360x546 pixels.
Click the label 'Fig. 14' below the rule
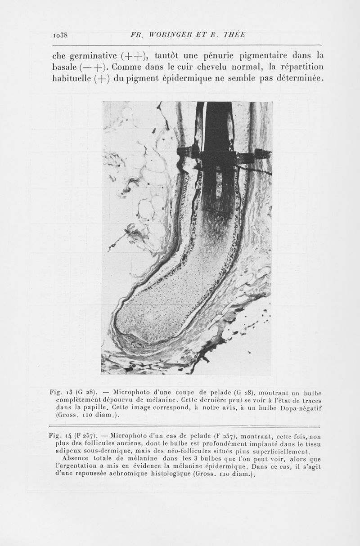(59, 436)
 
